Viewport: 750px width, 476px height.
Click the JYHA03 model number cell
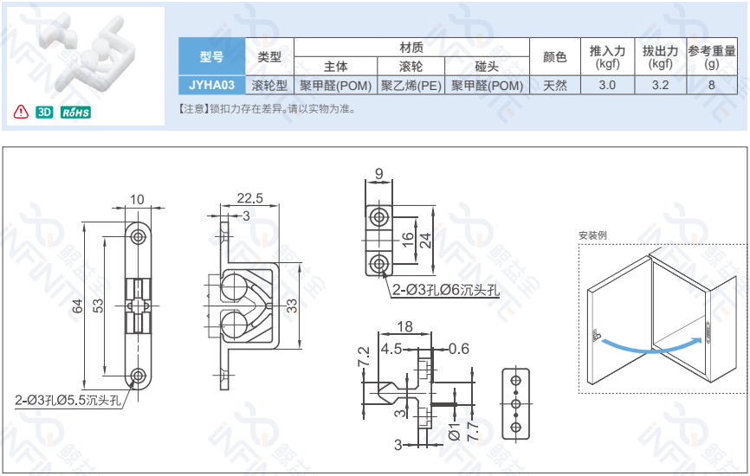[x=211, y=85]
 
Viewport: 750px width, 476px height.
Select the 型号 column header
[x=211, y=57]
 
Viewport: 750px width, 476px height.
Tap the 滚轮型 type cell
[x=269, y=85]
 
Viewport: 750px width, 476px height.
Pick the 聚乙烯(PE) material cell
[x=411, y=85]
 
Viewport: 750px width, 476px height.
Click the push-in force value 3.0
[x=607, y=85]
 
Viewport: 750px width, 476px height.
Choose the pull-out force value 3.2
[x=660, y=85]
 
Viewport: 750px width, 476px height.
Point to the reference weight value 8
[x=712, y=85]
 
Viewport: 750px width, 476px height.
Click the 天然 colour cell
[x=555, y=85]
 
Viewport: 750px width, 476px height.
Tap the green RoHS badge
[x=75, y=113]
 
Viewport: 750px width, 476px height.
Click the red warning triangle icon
[x=21, y=113]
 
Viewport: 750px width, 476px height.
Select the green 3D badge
[x=45, y=113]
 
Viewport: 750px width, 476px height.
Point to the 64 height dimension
[x=77, y=305]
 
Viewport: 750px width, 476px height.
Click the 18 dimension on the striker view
[x=404, y=326]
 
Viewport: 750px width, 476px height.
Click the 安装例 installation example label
[x=593, y=235]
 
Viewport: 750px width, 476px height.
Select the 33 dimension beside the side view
[x=293, y=305]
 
